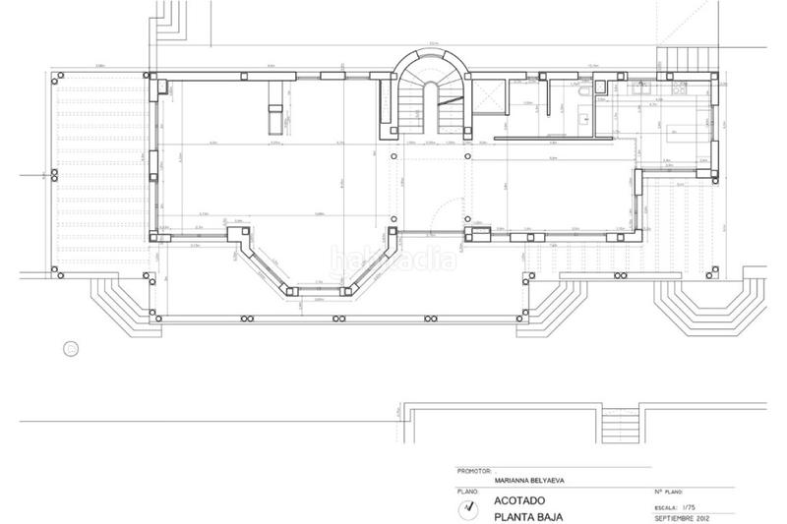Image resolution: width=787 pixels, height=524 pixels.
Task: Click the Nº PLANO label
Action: tap(668, 490)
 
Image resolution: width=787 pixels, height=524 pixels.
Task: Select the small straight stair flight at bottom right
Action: tap(619, 424)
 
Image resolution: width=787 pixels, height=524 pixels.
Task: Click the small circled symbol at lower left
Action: tap(70, 346)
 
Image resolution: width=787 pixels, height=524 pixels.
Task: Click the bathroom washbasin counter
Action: tap(585, 120)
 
